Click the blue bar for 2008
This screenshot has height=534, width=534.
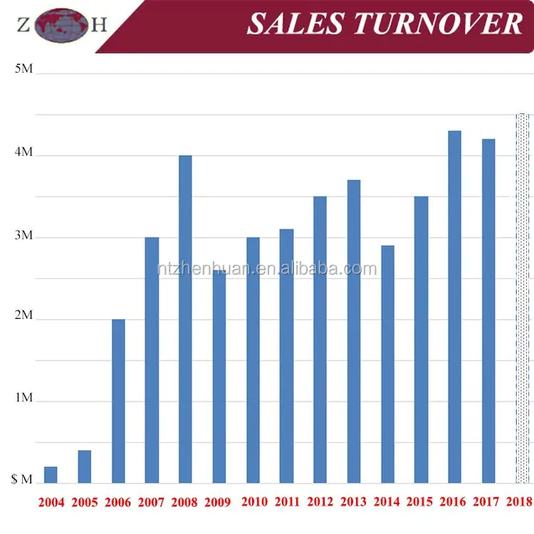tap(185, 319)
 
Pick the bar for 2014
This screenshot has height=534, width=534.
tap(387, 364)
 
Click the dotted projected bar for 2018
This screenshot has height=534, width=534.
tap(523, 298)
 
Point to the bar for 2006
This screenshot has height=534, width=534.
tap(118, 401)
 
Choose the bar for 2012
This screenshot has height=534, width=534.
tap(320, 340)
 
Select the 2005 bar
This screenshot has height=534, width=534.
tap(84, 466)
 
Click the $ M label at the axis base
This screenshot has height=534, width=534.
tap(21, 480)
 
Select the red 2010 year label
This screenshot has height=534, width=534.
tap(254, 502)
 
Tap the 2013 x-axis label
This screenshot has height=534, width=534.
tap(355, 502)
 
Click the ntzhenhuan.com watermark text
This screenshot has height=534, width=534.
tap(267, 268)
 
